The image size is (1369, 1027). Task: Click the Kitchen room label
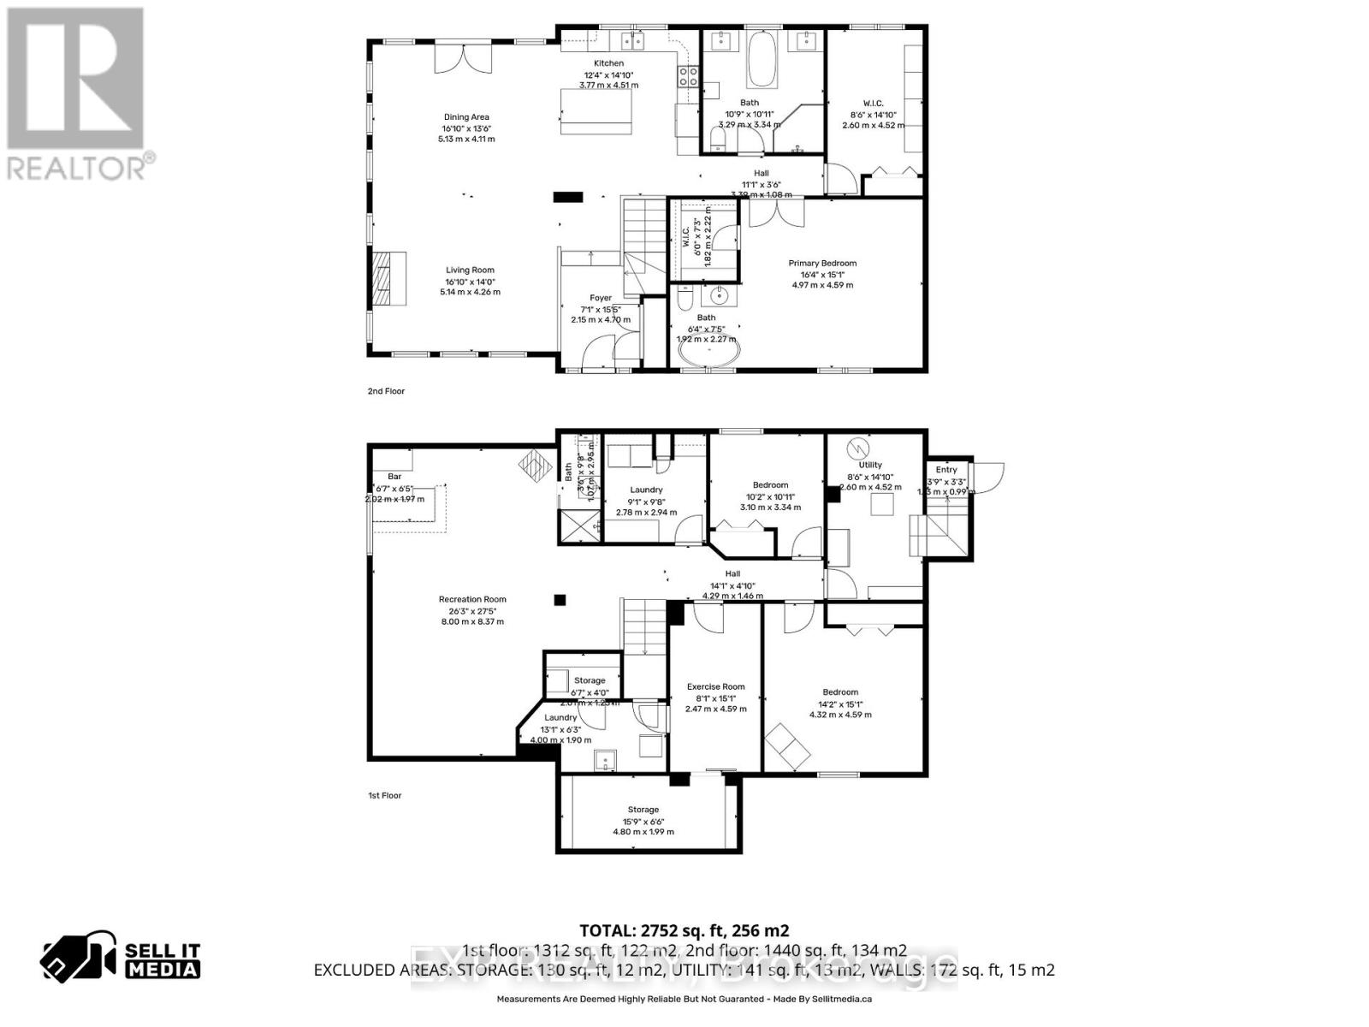tap(608, 63)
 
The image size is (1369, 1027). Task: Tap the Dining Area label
tap(466, 117)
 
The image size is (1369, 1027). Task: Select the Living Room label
tap(470, 270)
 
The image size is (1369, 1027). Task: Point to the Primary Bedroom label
tap(821, 264)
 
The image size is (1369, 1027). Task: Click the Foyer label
tap(601, 298)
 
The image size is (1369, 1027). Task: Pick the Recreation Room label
tap(472, 599)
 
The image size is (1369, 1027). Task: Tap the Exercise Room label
tap(715, 686)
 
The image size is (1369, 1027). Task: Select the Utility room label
tap(870, 466)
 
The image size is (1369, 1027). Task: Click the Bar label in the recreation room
tap(394, 477)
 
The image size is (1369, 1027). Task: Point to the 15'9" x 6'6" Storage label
tap(643, 810)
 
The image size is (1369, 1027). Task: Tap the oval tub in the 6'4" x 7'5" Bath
tap(707, 353)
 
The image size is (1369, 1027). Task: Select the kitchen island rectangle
tap(596, 111)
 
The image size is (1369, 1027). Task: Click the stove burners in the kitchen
tap(688, 77)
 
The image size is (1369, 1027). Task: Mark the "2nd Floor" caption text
tap(386, 391)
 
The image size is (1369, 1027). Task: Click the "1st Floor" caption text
tap(384, 796)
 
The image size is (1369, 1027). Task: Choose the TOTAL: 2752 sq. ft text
tap(684, 931)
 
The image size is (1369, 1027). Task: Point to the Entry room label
tap(946, 470)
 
